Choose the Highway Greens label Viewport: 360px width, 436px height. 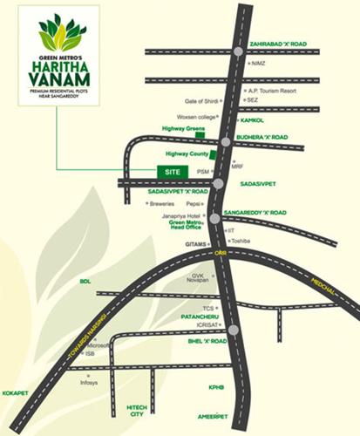pyautogui.click(x=180, y=128)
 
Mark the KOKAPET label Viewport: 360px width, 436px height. pyautogui.click(x=16, y=393)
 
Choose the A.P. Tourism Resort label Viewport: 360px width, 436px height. pyautogui.click(x=272, y=90)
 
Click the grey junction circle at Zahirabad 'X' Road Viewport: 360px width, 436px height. pyautogui.click(x=239, y=52)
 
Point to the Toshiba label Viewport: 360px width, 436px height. pyautogui.click(x=241, y=240)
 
